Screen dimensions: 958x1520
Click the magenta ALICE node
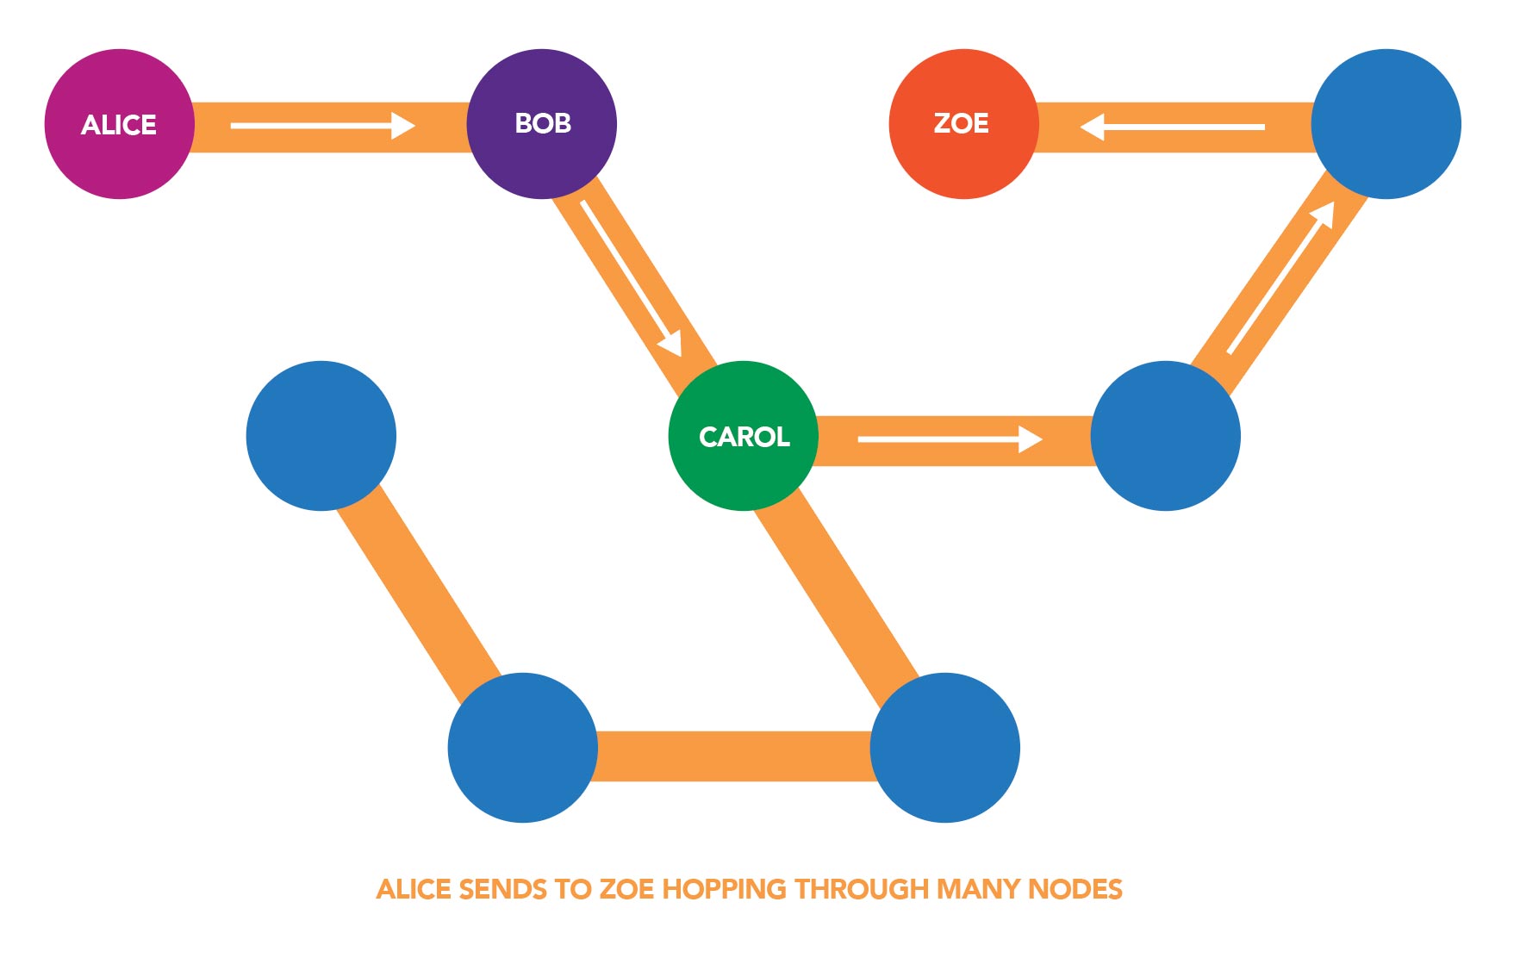coord(120,124)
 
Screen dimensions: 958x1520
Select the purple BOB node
coord(542,124)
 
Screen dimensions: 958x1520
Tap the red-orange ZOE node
coord(963,124)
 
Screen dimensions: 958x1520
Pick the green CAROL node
coord(744,436)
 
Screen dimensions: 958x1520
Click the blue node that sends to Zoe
coord(1386,124)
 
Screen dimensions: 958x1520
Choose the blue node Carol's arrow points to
coord(1165,436)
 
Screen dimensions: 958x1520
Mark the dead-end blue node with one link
coord(321,436)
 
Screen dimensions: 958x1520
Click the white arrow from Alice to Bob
coord(322,126)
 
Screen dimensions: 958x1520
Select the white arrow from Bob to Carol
coord(632,278)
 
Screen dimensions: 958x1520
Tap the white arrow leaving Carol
coord(950,439)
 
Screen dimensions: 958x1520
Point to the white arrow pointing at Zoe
coord(1172,127)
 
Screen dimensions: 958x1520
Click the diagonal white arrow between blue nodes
coord(1280,278)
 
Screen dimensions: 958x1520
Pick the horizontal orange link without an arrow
coord(734,756)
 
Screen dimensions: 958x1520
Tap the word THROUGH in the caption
coord(862,889)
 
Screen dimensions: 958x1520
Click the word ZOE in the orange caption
coord(626,889)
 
